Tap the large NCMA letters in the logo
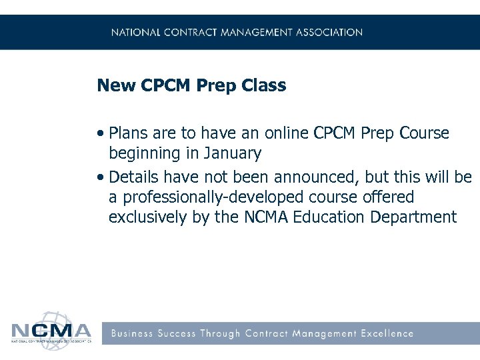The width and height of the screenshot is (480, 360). pyautogui.click(x=51, y=331)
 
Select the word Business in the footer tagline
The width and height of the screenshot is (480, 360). pyautogui.click(x=131, y=333)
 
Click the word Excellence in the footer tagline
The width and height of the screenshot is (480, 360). pyautogui.click(x=387, y=333)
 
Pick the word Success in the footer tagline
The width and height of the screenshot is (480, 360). pyautogui.click(x=177, y=333)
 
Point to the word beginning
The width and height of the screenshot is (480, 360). pyautogui.click(x=145, y=154)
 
